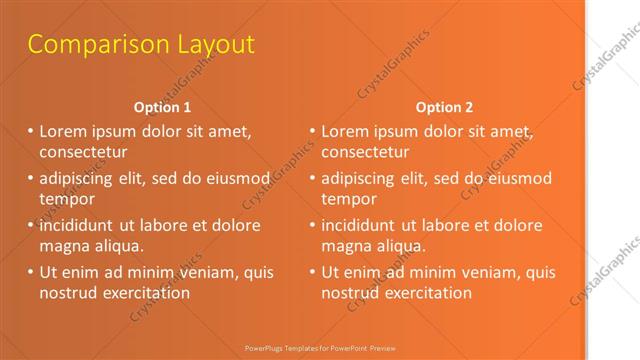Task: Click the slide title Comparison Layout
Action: click(141, 45)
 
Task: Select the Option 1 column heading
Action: click(162, 107)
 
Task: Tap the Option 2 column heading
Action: click(445, 107)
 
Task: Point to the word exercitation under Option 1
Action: click(140, 293)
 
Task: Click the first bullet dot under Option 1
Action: click(30, 131)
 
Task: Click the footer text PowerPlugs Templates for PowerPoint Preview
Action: click(319, 347)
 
